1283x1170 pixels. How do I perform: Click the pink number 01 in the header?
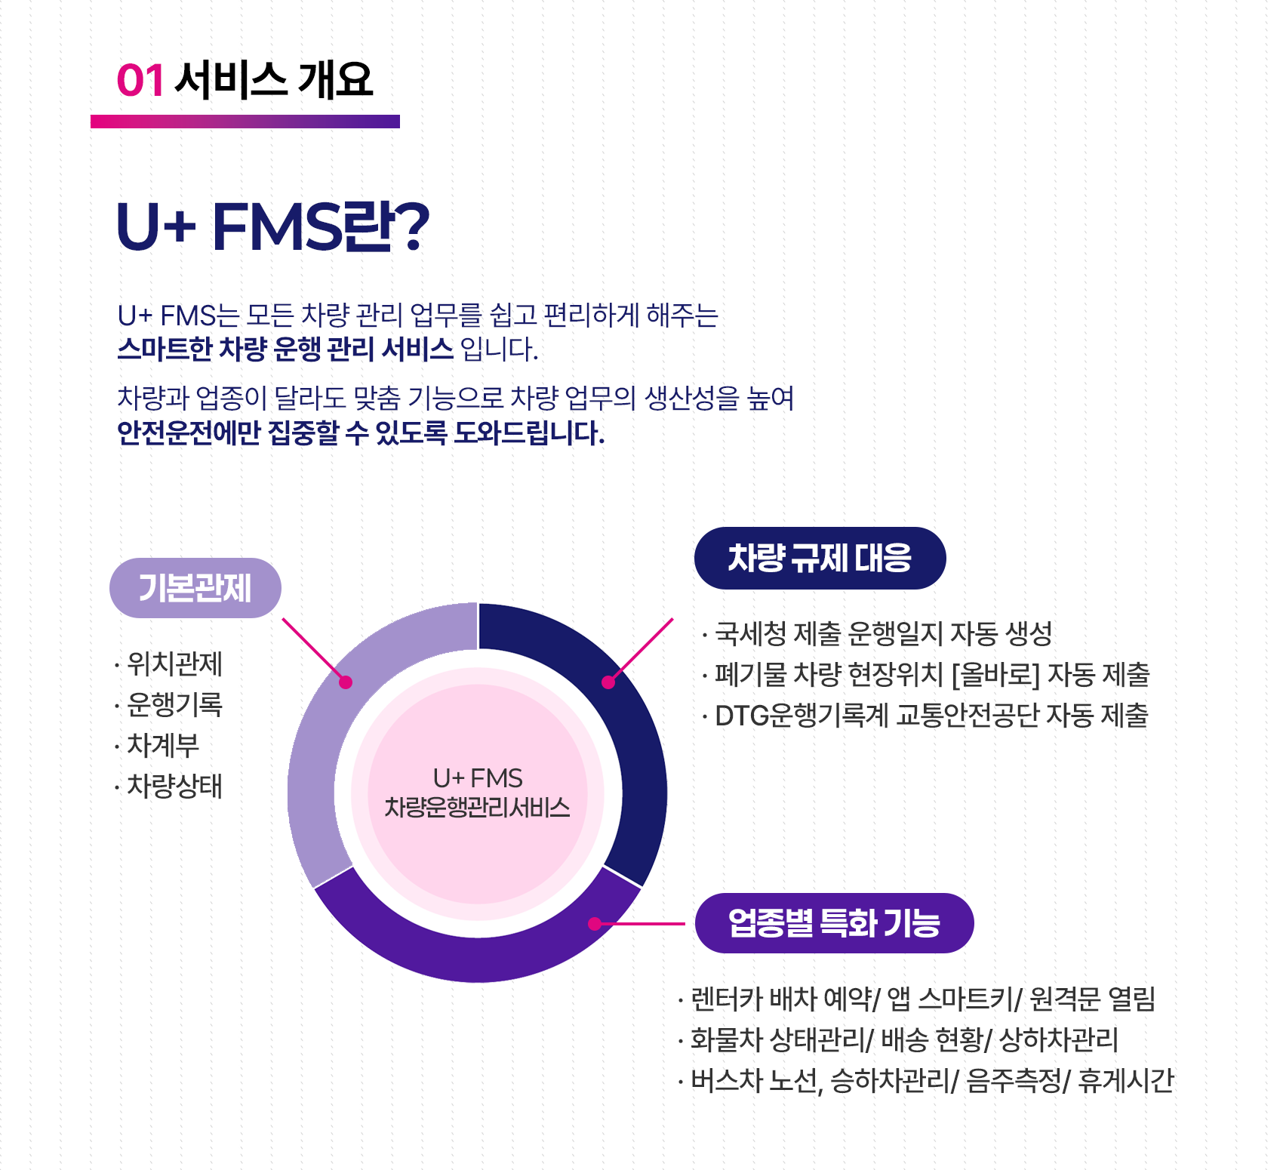click(140, 80)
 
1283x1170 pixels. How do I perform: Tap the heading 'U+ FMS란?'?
click(272, 226)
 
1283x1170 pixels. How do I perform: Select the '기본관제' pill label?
click(195, 588)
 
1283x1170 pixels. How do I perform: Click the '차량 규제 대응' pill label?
click(820, 558)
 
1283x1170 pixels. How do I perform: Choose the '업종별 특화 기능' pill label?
click(834, 922)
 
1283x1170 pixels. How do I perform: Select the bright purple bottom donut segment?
click(477, 959)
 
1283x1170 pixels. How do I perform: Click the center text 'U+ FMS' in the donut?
click(478, 778)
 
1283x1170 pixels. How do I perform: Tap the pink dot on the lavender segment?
click(346, 682)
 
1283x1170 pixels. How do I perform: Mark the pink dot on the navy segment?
click(608, 682)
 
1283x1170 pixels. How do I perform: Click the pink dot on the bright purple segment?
click(595, 923)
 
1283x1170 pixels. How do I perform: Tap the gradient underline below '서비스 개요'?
click(245, 122)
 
